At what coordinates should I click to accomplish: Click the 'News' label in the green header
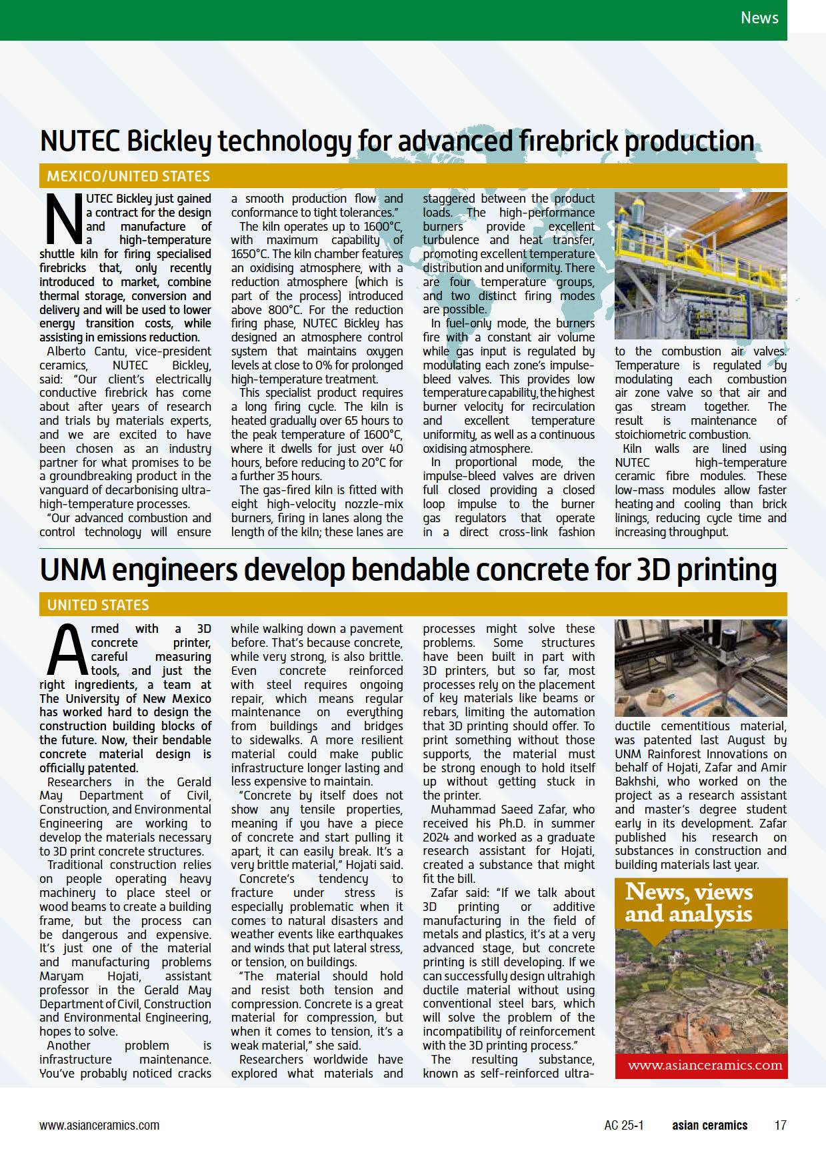point(759,17)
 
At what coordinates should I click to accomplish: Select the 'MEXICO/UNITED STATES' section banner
point(128,176)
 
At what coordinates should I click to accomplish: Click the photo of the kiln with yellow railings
point(700,265)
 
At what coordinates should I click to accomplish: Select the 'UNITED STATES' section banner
point(98,605)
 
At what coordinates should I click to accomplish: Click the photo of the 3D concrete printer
point(700,668)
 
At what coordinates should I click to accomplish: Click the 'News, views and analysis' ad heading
point(689,902)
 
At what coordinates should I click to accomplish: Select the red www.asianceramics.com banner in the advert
point(700,1065)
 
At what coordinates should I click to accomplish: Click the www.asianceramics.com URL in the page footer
point(99,1125)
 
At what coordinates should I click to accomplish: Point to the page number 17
point(780,1125)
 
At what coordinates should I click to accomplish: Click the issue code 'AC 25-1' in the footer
point(624,1125)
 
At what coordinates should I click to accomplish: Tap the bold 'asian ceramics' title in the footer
point(709,1125)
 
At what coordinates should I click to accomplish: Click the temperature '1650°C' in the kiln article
point(250,254)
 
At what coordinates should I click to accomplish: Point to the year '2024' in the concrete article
point(438,837)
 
